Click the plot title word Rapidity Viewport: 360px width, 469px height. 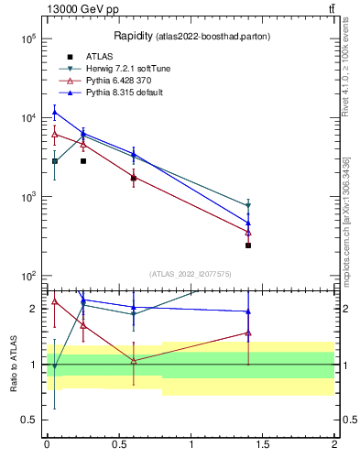tap(133, 36)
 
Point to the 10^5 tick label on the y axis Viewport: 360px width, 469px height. tap(27, 39)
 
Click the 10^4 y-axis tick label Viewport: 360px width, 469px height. tap(27, 118)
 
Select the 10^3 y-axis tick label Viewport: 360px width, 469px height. tap(27, 197)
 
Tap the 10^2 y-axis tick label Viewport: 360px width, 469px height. tap(27, 276)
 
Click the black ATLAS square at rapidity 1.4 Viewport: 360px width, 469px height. tap(248, 245)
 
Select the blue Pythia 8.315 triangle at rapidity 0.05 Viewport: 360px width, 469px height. tap(55, 113)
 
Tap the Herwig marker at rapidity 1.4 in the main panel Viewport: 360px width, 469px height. tap(248, 205)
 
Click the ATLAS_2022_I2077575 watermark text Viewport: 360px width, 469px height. tap(190, 273)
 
